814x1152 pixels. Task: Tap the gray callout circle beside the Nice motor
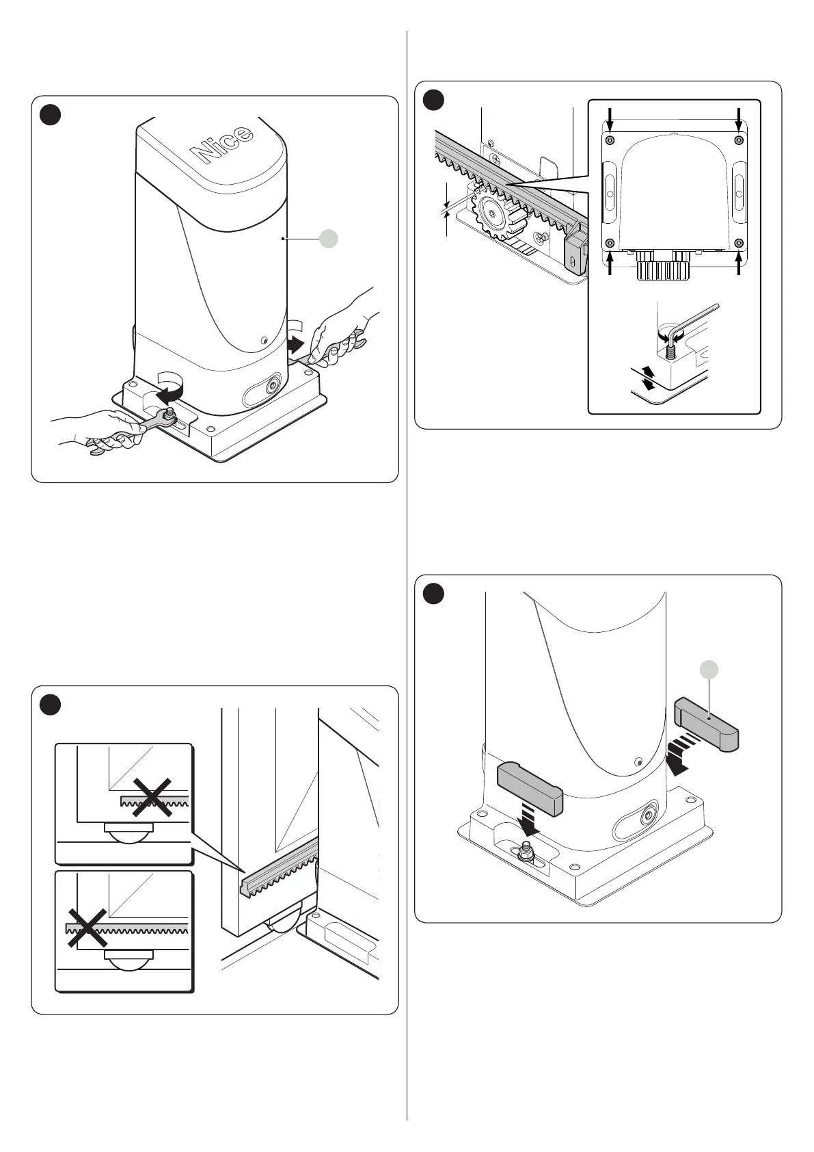(x=329, y=238)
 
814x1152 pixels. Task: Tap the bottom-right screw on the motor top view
(x=738, y=244)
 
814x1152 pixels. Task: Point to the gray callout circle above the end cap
(x=711, y=670)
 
